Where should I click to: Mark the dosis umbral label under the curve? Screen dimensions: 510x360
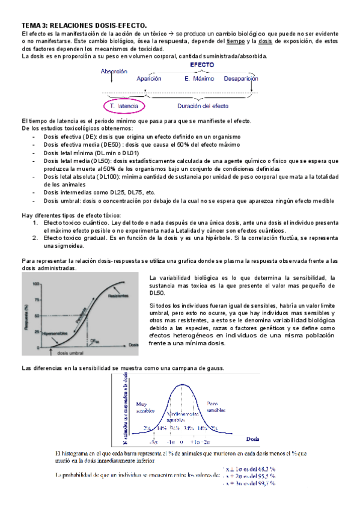pos(72,355)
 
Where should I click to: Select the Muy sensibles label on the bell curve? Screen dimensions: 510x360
pos(145,407)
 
